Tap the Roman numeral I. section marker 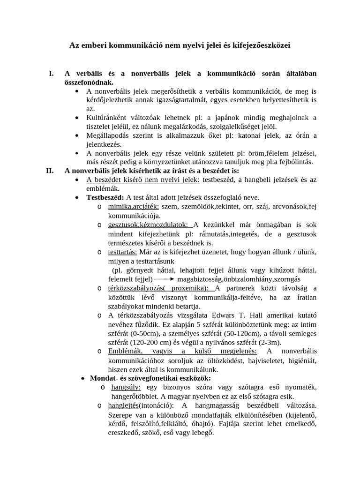[51, 73]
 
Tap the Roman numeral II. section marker [50, 171]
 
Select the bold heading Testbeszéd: [105, 197]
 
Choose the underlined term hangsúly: [126, 387]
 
